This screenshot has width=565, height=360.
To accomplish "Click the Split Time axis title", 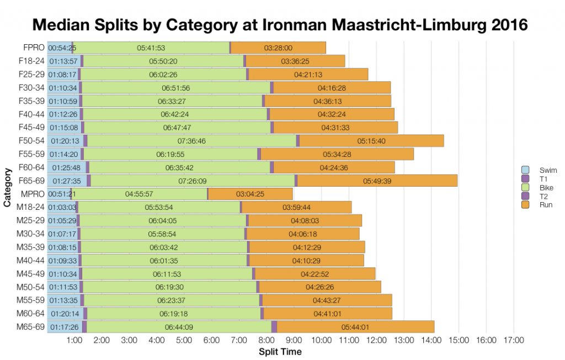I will [280, 352].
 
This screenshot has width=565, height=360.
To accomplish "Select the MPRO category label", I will [33, 194].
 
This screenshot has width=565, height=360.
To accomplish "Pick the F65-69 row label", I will [33, 181].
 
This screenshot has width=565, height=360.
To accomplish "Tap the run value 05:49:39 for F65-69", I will [377, 181].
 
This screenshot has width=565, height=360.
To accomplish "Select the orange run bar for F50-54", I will [371, 141].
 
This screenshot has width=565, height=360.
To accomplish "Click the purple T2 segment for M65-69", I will [274, 327].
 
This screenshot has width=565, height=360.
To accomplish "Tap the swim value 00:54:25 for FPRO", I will [62, 48].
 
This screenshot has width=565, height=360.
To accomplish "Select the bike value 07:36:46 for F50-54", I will [192, 141].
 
